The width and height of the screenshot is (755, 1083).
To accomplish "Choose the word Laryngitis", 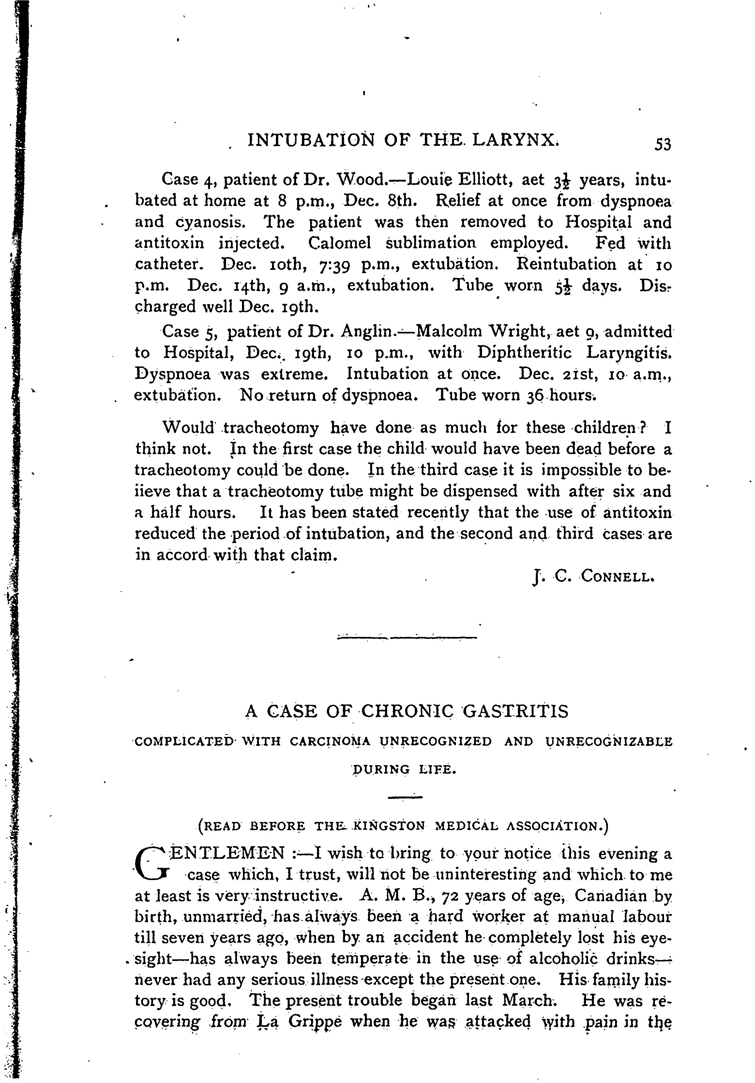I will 628,353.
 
